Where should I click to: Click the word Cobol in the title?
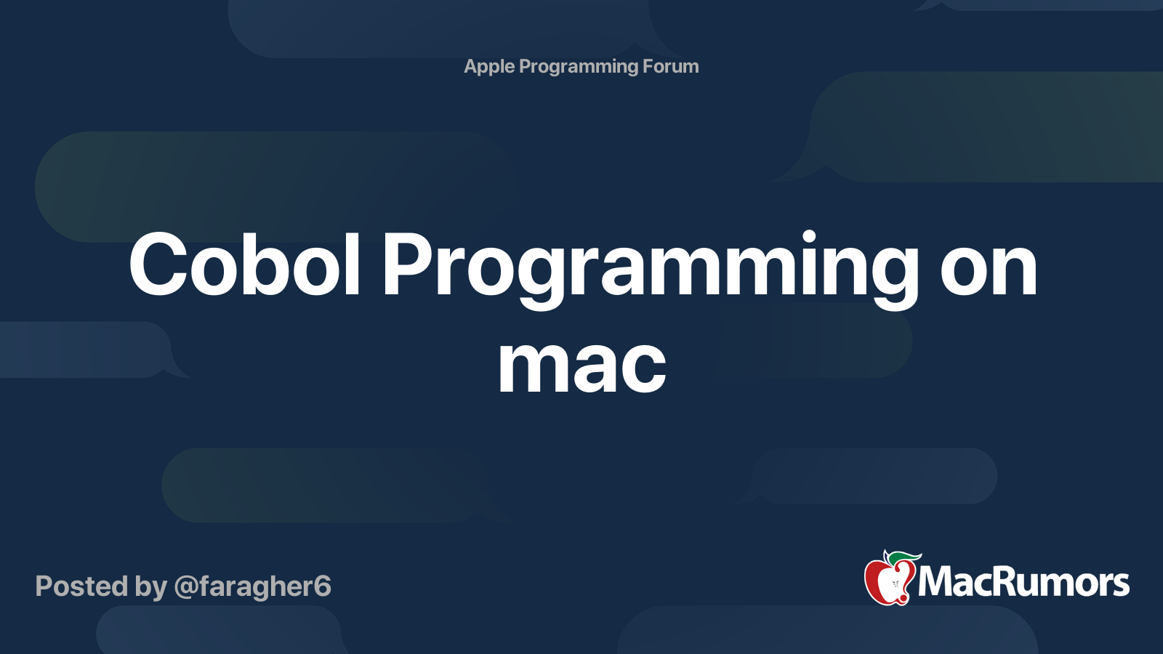click(244, 264)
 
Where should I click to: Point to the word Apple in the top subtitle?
click(489, 67)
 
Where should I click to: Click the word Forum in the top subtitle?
click(670, 66)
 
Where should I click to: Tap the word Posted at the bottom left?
click(81, 586)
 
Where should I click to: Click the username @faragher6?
click(252, 587)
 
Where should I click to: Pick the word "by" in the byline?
click(150, 588)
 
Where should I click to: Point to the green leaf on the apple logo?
click(904, 559)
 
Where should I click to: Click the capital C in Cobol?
click(158, 265)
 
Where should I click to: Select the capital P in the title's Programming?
click(406, 265)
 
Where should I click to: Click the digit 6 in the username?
click(323, 586)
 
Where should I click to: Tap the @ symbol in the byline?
click(186, 588)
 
